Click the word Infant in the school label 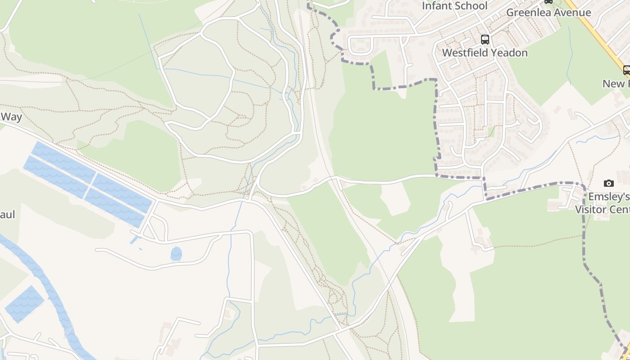pos(437,6)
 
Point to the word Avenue pos(572,12)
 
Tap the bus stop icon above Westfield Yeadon pos(485,39)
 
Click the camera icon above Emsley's pos(609,183)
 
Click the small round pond pos(176,253)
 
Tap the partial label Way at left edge pos(11,117)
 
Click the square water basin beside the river pos(25,304)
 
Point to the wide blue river pos(49,288)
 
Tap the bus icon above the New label pos(626,70)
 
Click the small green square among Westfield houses pos(491,132)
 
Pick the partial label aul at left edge pos(7,214)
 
